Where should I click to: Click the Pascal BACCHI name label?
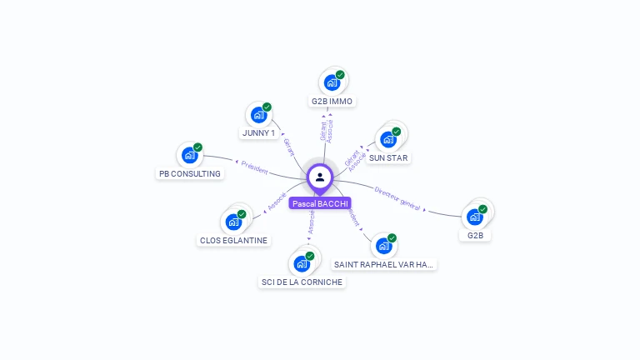(320, 203)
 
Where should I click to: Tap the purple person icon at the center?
(320, 177)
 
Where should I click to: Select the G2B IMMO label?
(332, 102)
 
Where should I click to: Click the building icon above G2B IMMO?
(332, 82)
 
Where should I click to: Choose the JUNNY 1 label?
(258, 132)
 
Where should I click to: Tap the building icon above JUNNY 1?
(258, 115)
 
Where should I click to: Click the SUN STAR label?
(389, 157)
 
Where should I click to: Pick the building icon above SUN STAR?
(388, 138)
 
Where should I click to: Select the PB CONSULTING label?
(190, 174)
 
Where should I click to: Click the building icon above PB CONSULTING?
(190, 155)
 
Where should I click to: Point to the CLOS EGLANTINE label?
(234, 240)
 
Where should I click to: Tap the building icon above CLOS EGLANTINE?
(234, 222)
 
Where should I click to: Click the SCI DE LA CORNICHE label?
(302, 282)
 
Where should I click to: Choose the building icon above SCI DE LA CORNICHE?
(302, 263)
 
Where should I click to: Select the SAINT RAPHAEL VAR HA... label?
(383, 264)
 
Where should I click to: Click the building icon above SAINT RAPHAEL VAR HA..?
(383, 246)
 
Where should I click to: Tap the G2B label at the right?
(475, 235)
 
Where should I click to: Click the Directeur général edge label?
(397, 197)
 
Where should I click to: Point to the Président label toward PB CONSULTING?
(254, 167)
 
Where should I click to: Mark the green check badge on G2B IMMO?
(340, 75)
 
